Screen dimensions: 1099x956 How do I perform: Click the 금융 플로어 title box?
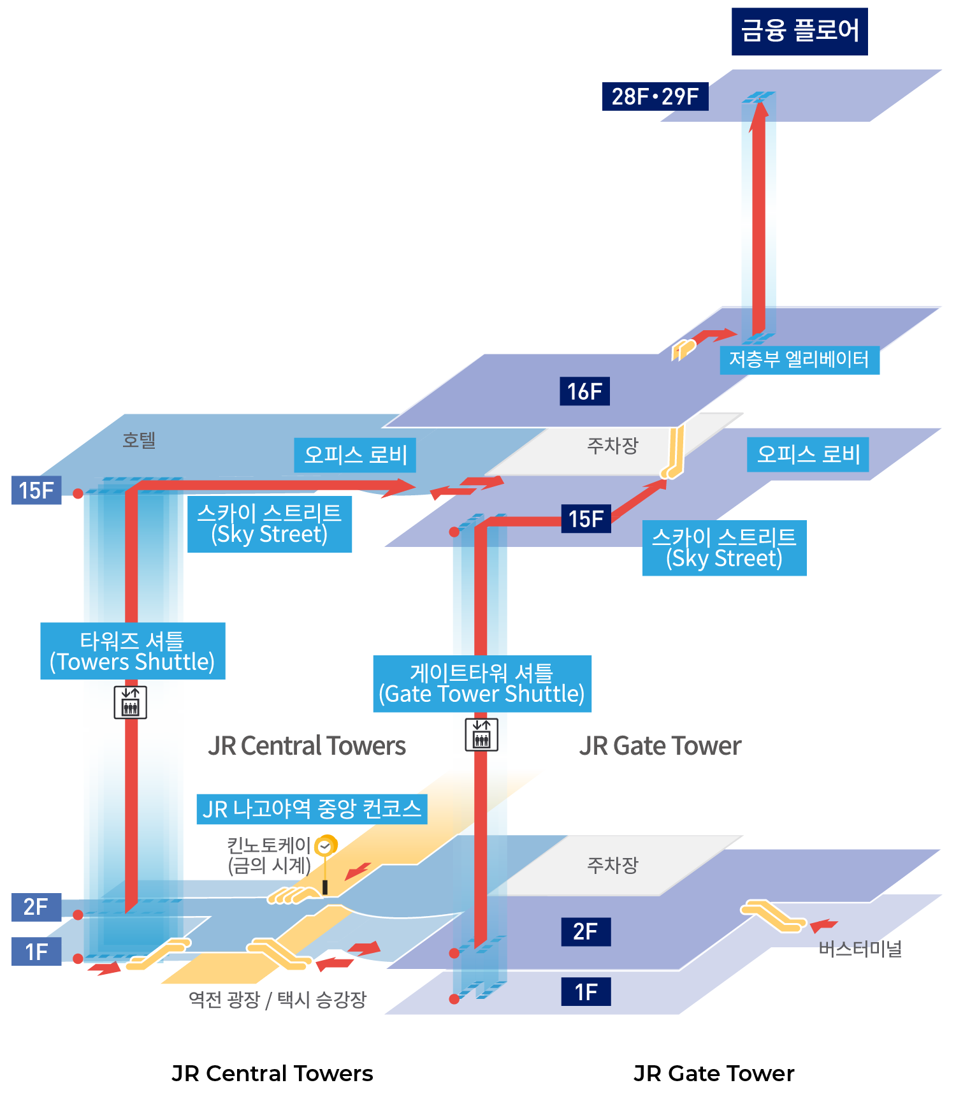point(799,31)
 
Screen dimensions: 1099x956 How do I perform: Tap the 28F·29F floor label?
point(655,97)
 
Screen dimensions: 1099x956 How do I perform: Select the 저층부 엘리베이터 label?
point(799,360)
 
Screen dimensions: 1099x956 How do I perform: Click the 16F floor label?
point(584,391)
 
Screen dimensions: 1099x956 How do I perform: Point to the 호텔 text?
point(139,440)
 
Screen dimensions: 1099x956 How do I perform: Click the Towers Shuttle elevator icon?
point(130,702)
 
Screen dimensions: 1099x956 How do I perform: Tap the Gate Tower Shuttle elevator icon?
point(481,734)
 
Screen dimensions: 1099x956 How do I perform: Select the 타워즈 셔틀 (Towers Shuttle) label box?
point(133,651)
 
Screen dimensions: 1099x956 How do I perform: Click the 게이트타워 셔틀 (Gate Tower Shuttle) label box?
point(482,684)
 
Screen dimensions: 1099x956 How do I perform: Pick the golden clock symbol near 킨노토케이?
point(326,847)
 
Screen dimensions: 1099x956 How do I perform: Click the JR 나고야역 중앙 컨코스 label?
point(312,809)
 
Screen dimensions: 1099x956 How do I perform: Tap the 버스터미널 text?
point(860,949)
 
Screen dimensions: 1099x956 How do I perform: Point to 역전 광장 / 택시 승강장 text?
point(277,1000)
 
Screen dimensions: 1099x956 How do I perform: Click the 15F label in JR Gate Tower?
point(586,519)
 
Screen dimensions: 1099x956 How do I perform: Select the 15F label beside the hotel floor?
point(36,490)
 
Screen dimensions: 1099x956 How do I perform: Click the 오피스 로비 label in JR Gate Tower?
point(808,455)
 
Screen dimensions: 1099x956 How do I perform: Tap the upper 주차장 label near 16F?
point(612,445)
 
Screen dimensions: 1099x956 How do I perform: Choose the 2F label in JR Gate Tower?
point(585,932)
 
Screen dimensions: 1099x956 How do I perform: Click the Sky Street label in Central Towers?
point(269,524)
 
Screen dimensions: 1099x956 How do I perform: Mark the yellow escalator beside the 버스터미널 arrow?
point(773,915)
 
